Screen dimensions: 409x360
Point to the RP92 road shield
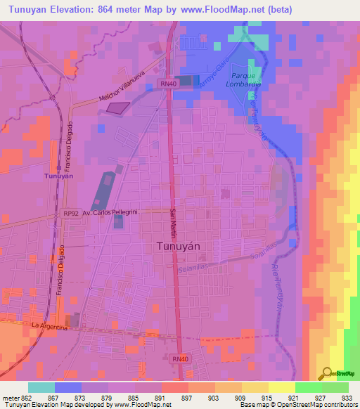click(70, 212)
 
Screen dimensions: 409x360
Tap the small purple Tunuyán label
click(58, 176)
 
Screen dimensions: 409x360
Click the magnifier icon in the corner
click(325, 374)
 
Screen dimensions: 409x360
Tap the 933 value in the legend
click(347, 398)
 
